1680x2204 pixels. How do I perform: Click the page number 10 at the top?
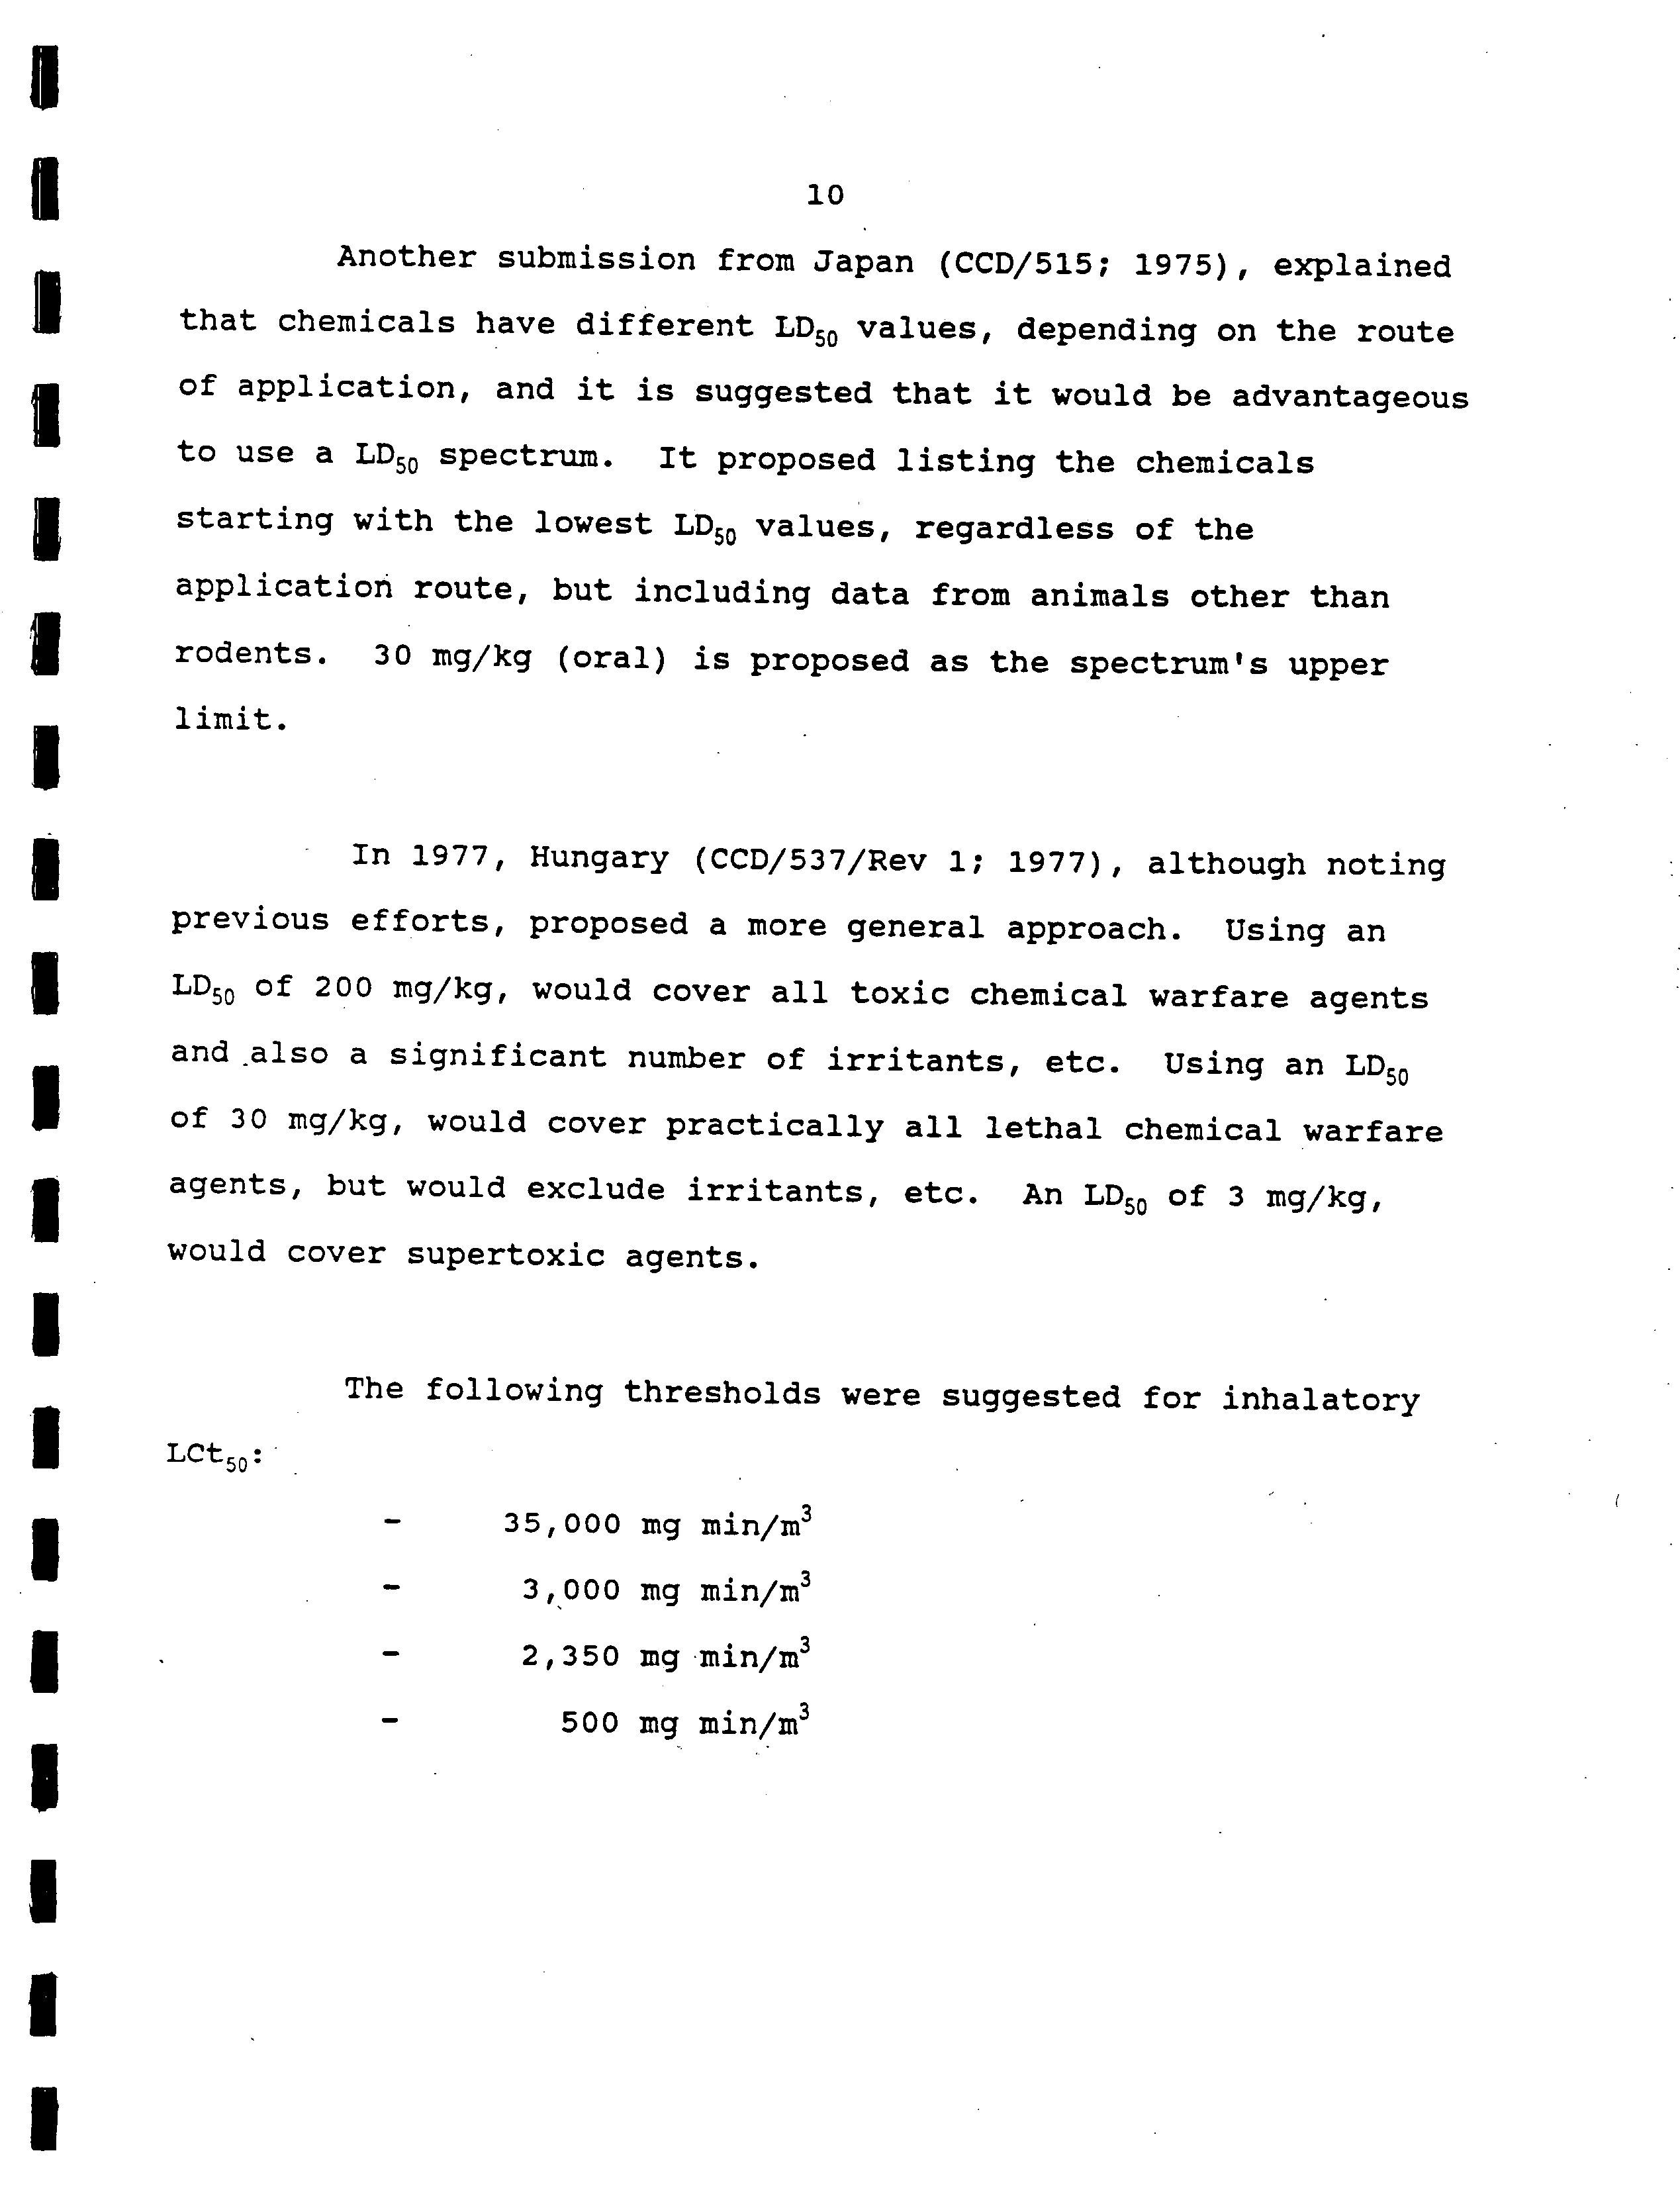click(825, 195)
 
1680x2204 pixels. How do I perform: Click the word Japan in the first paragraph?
click(863, 262)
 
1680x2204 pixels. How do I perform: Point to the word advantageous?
click(1349, 397)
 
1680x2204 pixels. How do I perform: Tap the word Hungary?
click(599, 858)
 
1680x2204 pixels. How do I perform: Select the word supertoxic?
click(505, 1255)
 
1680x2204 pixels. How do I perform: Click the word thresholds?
click(722, 1393)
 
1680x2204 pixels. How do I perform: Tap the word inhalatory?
click(1320, 1399)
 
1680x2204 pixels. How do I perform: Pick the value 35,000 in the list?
click(562, 1524)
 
